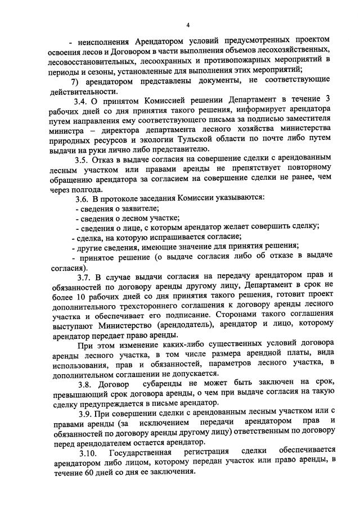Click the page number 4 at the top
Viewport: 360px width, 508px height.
pos(188,25)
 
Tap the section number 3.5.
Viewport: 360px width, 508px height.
pos(81,159)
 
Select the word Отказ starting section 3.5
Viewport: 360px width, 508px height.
pos(107,159)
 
